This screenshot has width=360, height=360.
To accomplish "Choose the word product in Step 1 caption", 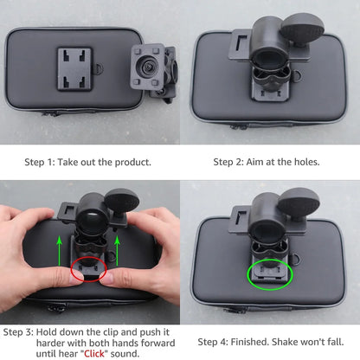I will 131,161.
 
